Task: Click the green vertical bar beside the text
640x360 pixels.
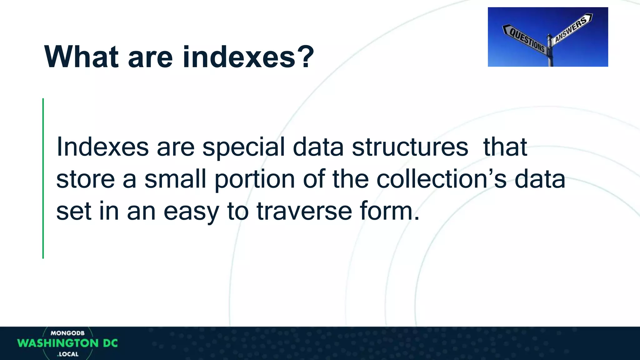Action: click(x=43, y=178)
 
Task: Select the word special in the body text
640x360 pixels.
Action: click(x=243, y=147)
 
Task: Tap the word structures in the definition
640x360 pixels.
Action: click(x=410, y=147)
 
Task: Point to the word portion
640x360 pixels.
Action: click(x=255, y=180)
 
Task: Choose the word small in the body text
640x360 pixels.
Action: click(x=175, y=179)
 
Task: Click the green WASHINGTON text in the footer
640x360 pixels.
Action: click(x=58, y=343)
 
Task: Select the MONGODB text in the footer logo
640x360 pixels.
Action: click(x=67, y=333)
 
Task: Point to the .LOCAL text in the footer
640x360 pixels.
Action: click(x=68, y=354)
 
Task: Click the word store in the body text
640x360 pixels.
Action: click(x=85, y=179)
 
